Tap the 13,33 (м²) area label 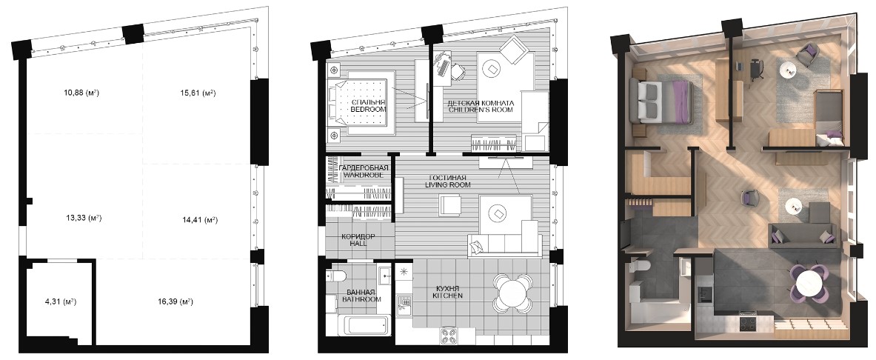pos(84,218)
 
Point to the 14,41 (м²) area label pos(196,220)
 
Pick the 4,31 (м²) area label pos(60,302)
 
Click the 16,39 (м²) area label pos(175,302)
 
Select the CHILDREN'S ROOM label pos(481,110)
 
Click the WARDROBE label pos(364,176)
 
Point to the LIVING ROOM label pos(447,184)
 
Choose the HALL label pos(358,244)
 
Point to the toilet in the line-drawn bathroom pos(338,275)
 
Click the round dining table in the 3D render pos(809,281)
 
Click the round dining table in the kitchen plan pos(513,293)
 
